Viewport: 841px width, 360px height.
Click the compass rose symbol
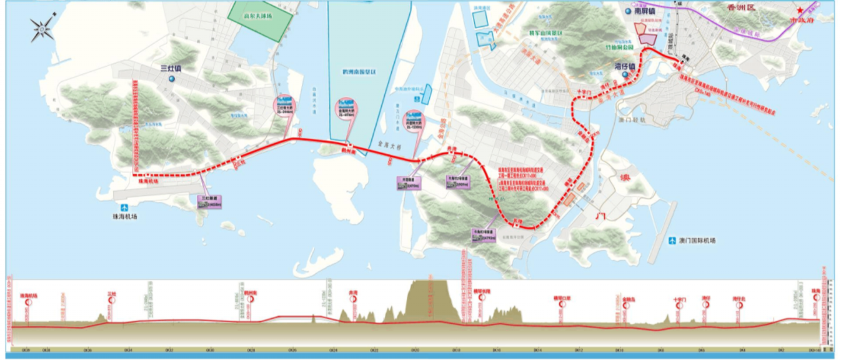(x=42, y=29)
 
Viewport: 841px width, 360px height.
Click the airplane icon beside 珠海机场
(x=123, y=207)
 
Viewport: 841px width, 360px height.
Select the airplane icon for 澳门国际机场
(x=672, y=240)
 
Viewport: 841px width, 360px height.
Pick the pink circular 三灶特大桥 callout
(x=284, y=104)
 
